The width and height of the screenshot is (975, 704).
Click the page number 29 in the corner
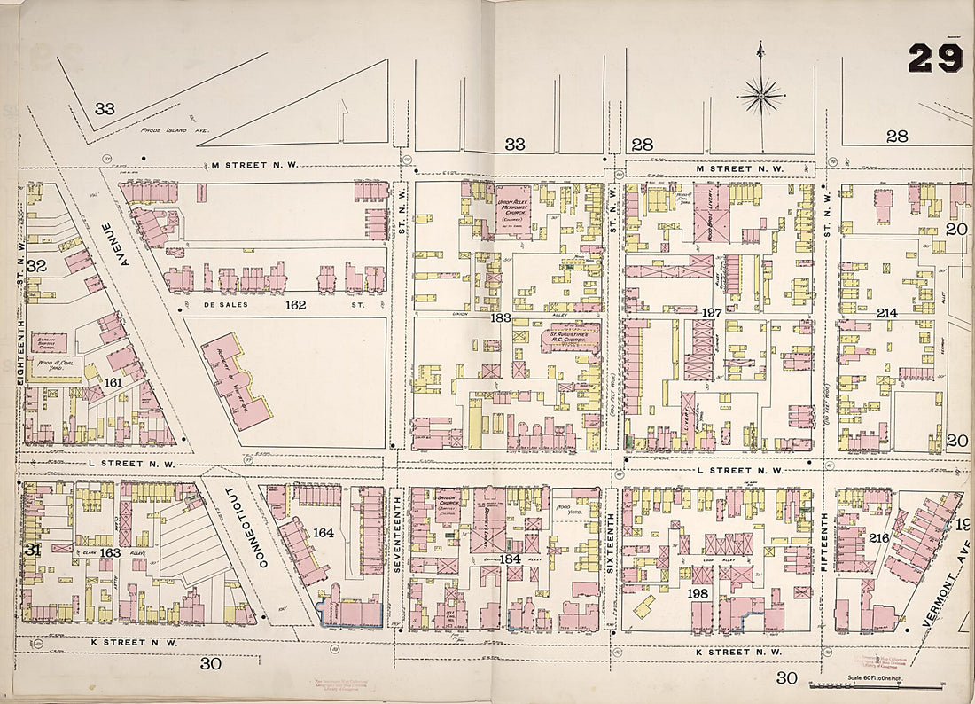[934, 59]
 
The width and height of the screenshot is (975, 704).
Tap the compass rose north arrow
[761, 92]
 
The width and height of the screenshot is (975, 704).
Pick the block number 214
[887, 313]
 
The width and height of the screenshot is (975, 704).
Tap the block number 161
[113, 382]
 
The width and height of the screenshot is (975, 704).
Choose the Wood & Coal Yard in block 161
[51, 364]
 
